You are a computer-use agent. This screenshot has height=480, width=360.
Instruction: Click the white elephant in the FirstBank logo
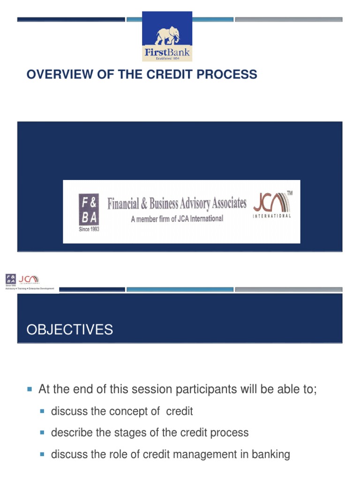(167, 36)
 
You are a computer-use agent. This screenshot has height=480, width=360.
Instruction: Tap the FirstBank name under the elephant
(167, 52)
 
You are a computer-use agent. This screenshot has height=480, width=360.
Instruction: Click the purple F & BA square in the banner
(89, 210)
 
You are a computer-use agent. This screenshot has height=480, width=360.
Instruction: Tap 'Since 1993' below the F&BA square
(89, 229)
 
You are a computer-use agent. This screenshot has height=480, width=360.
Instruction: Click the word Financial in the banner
(123, 204)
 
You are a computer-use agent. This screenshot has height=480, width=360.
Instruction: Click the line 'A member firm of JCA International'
(177, 218)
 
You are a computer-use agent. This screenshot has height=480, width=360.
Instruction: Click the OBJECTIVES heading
(70, 330)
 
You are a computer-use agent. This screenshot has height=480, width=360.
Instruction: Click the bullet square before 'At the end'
(30, 390)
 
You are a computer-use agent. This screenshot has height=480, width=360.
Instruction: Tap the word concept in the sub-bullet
(128, 412)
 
